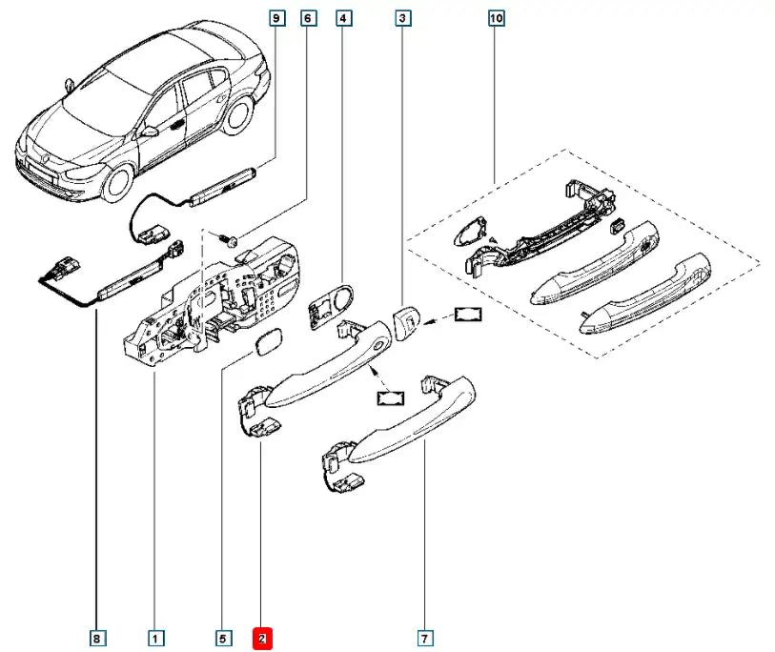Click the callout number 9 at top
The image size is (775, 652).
pyautogui.click(x=276, y=18)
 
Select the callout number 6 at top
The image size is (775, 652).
pyautogui.click(x=307, y=18)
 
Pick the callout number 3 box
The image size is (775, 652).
pyautogui.click(x=404, y=18)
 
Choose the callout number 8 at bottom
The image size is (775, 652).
pyautogui.click(x=96, y=637)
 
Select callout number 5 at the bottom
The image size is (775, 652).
pyautogui.click(x=222, y=637)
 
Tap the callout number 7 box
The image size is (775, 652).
pyautogui.click(x=425, y=637)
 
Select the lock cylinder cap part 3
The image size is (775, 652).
pyautogui.click(x=405, y=322)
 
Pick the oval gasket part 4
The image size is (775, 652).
pyautogui.click(x=329, y=304)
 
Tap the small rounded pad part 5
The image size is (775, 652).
pyautogui.click(x=267, y=344)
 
